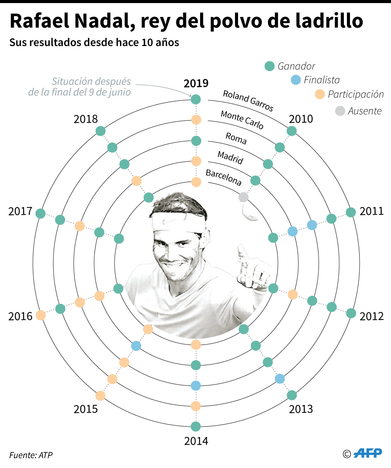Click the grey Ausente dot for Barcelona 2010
(243, 197)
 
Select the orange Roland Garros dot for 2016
(41, 315)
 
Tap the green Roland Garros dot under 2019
(196, 100)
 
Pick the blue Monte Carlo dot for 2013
(280, 379)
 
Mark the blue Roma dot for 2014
(196, 386)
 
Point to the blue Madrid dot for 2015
(136, 346)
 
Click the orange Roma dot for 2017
(80, 226)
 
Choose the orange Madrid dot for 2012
(292, 295)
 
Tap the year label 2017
(20, 211)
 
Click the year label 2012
(371, 316)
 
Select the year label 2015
(86, 409)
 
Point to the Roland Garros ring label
(248, 101)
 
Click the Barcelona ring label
(224, 177)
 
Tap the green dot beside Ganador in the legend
(270, 66)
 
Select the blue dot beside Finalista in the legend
(296, 80)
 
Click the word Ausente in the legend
(365, 111)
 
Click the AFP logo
(368, 453)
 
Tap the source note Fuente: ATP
(31, 455)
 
